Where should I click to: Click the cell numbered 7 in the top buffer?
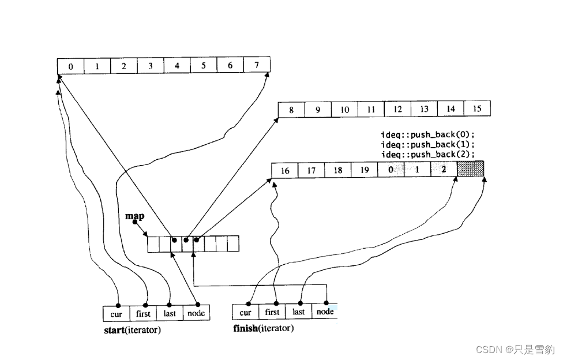pyautogui.click(x=256, y=66)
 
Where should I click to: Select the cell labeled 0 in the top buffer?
pyautogui.click(x=70, y=66)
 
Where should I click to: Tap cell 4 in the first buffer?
pyautogui.click(x=177, y=66)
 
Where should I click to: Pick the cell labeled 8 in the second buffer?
pyautogui.click(x=291, y=110)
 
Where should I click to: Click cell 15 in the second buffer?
pyautogui.click(x=477, y=108)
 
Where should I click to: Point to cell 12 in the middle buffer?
pyautogui.click(x=397, y=109)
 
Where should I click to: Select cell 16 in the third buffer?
pyautogui.click(x=284, y=171)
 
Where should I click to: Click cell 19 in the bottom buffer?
pyautogui.click(x=364, y=170)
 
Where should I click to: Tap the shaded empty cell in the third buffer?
pyautogui.click(x=470, y=169)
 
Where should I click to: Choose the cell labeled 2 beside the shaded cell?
pyautogui.click(x=443, y=170)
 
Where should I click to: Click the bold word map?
pyautogui.click(x=134, y=216)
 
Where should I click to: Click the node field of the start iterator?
pyautogui.click(x=197, y=313)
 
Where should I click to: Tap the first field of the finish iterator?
pyautogui.click(x=272, y=312)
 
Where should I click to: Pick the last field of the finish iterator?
pyautogui.click(x=299, y=312)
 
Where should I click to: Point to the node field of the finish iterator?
pyautogui.click(x=325, y=312)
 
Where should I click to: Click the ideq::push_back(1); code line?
pyautogui.click(x=427, y=144)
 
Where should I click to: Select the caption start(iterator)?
pyautogui.click(x=132, y=331)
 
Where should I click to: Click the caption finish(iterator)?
pyautogui.click(x=263, y=329)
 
